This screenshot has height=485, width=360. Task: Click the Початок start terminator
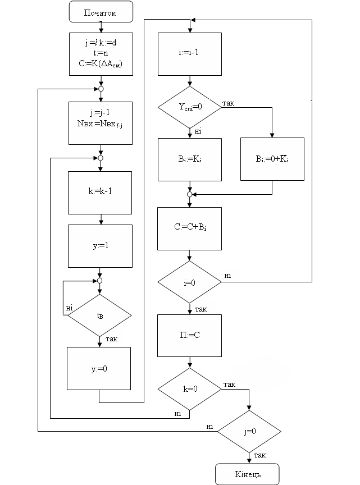click(x=101, y=12)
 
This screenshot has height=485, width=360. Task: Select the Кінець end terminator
click(x=248, y=474)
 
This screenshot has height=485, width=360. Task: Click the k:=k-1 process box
click(x=100, y=193)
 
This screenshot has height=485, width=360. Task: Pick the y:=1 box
click(x=100, y=246)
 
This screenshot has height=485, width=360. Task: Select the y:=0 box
click(x=99, y=369)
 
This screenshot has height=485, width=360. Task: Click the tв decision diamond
click(x=100, y=315)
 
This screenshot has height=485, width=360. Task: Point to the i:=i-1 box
click(x=189, y=54)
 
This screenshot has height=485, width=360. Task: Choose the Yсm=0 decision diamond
click(x=189, y=107)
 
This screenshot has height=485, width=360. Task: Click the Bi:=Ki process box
click(x=189, y=159)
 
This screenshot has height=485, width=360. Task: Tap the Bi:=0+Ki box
click(x=272, y=159)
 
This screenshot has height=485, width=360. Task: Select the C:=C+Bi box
click(x=189, y=228)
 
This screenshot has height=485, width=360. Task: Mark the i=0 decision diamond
click(x=189, y=282)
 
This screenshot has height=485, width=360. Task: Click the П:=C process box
click(x=189, y=335)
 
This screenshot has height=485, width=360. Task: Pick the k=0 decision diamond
click(x=189, y=388)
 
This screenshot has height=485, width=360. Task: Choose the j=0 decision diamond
click(x=248, y=432)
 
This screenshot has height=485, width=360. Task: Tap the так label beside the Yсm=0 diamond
click(x=229, y=103)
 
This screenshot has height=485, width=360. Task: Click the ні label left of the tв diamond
click(x=69, y=308)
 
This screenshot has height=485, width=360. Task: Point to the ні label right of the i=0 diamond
click(x=227, y=275)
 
